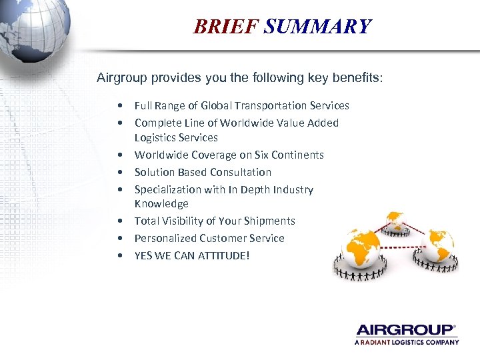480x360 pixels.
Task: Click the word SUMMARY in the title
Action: pyautogui.click(x=317, y=27)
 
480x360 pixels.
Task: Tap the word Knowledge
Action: pyautogui.click(x=161, y=203)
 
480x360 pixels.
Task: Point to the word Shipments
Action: pyautogui.click(x=270, y=221)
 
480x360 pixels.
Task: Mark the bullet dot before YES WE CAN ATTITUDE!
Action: pyautogui.click(x=118, y=255)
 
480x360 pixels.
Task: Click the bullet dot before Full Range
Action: pyautogui.click(x=118, y=106)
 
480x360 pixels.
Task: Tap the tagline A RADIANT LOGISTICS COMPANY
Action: pyautogui.click(x=407, y=342)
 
